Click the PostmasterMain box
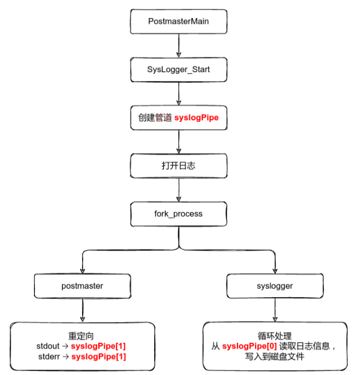(179, 21)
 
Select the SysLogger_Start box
(179, 69)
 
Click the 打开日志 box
(179, 166)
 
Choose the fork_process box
(179, 214)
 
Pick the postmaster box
(82, 285)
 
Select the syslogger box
(274, 285)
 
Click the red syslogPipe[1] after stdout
(98, 346)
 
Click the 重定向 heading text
(82, 336)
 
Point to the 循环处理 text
(274, 336)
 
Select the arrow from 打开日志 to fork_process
(179, 190)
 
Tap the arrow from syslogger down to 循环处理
(274, 310)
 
